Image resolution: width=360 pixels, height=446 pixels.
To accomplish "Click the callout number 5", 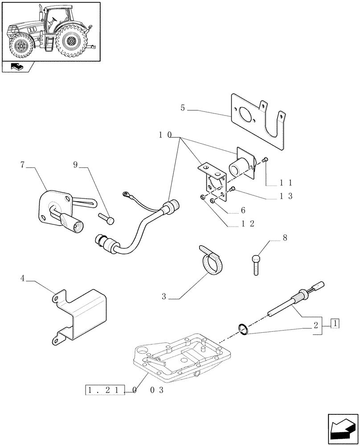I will pyautogui.click(x=183, y=107).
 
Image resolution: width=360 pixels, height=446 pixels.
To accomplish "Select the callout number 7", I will pyautogui.click(x=22, y=165).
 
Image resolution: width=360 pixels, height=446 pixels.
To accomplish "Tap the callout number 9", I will pyautogui.click(x=76, y=165).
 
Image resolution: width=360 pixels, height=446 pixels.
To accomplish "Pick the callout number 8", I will pyautogui.click(x=284, y=238).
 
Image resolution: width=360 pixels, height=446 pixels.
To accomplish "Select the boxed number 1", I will pyautogui.click(x=335, y=323).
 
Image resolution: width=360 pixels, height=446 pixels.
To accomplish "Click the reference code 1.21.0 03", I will pyautogui.click(x=125, y=391).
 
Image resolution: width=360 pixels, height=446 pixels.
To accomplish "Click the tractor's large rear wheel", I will pyautogui.click(x=71, y=41).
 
